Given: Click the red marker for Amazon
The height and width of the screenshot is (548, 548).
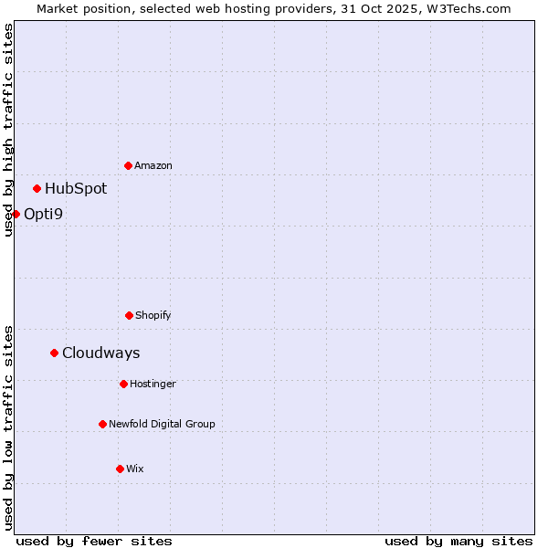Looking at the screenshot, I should (128, 165).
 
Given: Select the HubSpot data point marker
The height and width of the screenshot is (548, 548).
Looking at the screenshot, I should (37, 188).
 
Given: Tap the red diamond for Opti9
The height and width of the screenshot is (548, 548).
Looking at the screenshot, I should (16, 214).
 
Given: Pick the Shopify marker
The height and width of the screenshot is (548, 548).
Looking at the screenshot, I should (129, 315).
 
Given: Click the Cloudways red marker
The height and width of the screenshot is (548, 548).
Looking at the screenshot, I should (54, 353).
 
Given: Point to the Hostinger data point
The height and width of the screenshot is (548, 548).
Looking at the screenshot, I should (123, 384).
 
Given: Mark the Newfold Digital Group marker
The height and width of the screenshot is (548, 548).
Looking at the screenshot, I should (102, 424).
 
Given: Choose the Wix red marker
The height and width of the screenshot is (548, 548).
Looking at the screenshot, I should (120, 469).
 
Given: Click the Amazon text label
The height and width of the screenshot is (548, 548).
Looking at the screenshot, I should (153, 165).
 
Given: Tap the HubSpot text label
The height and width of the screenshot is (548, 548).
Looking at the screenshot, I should (76, 188).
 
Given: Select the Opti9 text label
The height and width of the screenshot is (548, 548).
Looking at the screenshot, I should (44, 214).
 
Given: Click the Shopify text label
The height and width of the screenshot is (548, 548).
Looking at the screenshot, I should (153, 315).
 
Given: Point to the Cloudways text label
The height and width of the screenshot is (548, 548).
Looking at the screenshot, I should (101, 353).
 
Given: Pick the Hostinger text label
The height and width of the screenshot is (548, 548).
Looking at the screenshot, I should (153, 384).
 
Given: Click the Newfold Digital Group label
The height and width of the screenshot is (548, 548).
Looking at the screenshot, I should (163, 424).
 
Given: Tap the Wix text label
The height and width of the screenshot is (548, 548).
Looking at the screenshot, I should (135, 469).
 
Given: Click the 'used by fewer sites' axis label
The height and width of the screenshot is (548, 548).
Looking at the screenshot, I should (94, 541).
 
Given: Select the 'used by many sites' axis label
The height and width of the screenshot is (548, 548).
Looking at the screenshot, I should (458, 541).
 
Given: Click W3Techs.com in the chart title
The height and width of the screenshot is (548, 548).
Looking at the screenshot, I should (471, 8).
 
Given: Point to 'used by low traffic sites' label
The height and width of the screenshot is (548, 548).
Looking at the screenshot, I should (8, 427).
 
